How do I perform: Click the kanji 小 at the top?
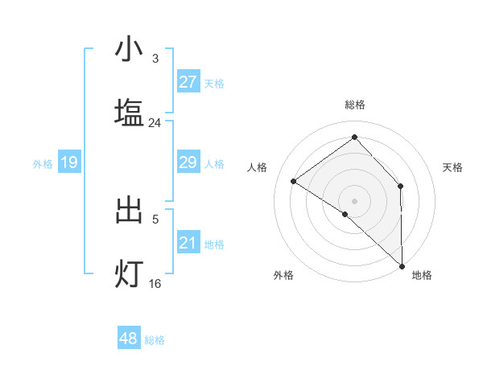[x=129, y=50]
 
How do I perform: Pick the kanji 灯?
[x=129, y=274]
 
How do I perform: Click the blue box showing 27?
[x=188, y=81]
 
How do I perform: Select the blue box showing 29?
[x=188, y=162]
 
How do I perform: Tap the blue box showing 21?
[x=188, y=243]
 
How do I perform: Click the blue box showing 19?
[x=68, y=162]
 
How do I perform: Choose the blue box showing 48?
[x=128, y=339]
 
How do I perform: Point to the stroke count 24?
[x=155, y=123]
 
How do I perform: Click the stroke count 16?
[x=155, y=284]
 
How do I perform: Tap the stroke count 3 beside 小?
[x=155, y=59]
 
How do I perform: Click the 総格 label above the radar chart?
[x=354, y=105]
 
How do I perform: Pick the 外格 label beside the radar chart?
[x=283, y=275]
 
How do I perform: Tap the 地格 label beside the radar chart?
[x=422, y=275]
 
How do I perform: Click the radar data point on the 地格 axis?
[x=402, y=265]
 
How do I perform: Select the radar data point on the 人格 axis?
[x=294, y=181]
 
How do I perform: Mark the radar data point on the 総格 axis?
[x=354, y=137]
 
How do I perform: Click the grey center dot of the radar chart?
[x=354, y=200]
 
